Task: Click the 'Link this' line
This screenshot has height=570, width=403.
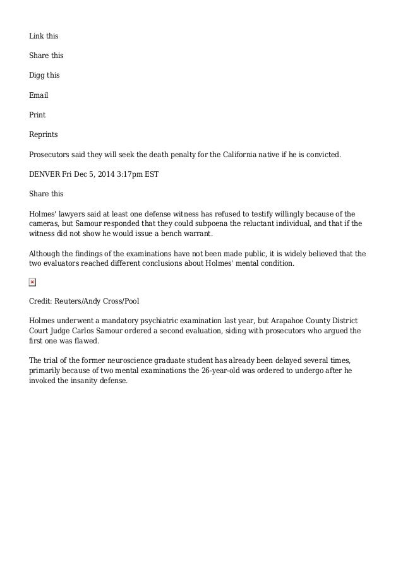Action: (x=44, y=35)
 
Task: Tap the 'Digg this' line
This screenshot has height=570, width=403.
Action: (x=44, y=75)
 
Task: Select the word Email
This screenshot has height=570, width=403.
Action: (x=39, y=95)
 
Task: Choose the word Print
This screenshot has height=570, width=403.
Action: (x=37, y=116)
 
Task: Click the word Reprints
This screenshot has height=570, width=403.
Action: (x=44, y=135)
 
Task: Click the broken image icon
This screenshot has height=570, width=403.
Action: (x=33, y=282)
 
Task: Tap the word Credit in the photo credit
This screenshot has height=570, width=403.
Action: (x=41, y=300)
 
